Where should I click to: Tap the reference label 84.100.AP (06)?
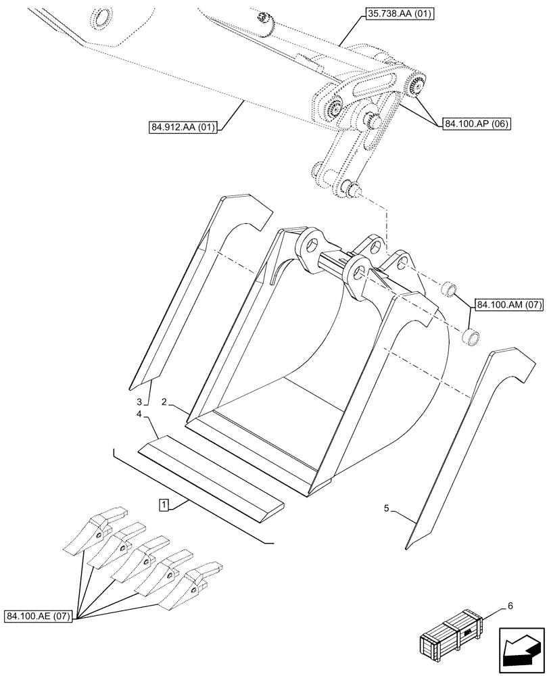point(477,123)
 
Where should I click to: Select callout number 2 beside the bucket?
point(164,402)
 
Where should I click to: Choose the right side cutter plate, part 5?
point(460,446)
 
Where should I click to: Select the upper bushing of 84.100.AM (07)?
point(448,291)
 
